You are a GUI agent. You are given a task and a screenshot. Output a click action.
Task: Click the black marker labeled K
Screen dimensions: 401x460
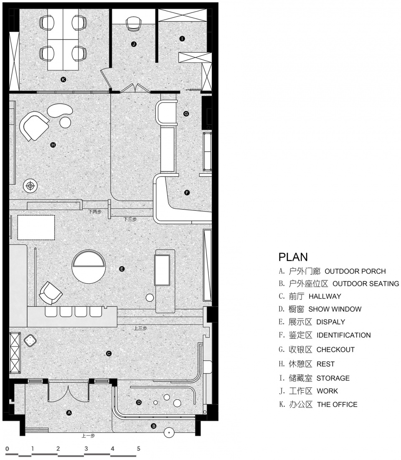point(63,79)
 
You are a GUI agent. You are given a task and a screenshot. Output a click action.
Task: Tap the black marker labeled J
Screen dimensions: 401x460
point(134,44)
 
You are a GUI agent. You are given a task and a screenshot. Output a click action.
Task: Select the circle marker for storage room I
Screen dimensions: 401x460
point(182,38)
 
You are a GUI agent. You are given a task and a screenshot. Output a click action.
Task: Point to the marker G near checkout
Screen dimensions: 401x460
point(186,114)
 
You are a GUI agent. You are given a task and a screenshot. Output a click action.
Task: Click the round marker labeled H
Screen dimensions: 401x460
point(53,144)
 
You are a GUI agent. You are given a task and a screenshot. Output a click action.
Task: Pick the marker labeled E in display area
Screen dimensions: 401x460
point(122,269)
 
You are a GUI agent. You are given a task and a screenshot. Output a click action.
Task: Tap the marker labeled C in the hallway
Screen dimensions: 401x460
point(109,354)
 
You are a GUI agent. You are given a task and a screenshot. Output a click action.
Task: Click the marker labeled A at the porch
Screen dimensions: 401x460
point(69,413)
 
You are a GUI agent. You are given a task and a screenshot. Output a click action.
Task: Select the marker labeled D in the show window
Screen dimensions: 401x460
point(139,402)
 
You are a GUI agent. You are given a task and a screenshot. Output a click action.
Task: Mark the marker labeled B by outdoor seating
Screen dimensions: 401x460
point(153,426)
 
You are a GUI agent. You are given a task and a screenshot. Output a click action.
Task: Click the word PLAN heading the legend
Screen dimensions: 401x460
point(293,257)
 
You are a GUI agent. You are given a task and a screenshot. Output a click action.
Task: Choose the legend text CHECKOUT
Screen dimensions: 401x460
point(335,350)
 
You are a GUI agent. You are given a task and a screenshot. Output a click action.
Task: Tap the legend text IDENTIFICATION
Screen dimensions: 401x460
point(343,335)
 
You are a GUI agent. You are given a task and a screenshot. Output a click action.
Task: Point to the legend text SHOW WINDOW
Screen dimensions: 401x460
point(335,309)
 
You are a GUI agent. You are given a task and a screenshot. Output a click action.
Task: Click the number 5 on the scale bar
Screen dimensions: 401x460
point(139,449)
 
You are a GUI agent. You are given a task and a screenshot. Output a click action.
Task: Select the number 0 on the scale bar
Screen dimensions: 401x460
point(8,449)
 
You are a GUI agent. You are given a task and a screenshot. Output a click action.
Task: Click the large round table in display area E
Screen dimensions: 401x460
point(89,267)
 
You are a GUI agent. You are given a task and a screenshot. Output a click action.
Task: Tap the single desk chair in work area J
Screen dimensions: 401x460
point(133,24)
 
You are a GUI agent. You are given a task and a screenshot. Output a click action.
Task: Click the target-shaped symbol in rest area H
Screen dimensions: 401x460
point(30,186)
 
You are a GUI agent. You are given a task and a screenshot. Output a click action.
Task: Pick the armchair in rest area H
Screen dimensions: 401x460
point(34,126)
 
